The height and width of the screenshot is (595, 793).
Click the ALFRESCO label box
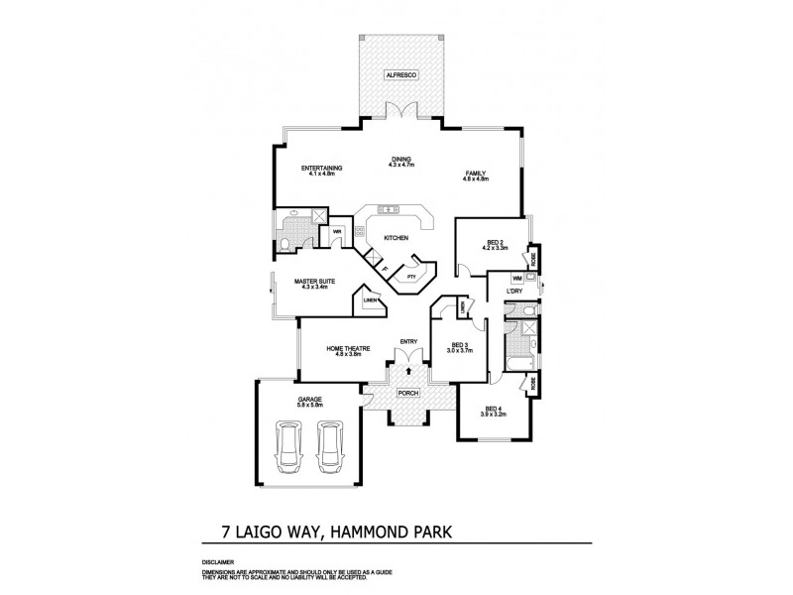401,75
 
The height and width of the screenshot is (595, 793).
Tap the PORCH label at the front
407,393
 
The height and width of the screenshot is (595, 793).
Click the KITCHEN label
396,238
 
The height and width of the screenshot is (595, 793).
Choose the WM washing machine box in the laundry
517,280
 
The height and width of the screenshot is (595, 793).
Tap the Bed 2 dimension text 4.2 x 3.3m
496,248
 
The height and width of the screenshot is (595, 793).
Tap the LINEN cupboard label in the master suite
369,298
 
